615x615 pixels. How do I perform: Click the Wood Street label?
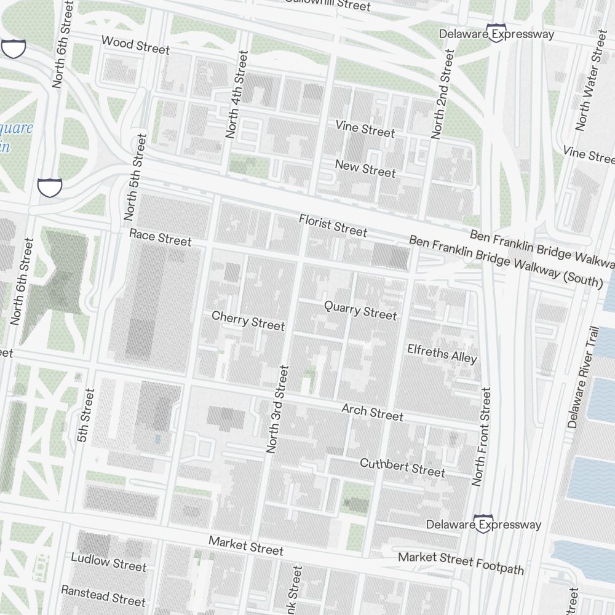(x=135, y=45)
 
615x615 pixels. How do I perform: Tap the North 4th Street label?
(x=237, y=95)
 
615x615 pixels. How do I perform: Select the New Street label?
(x=365, y=169)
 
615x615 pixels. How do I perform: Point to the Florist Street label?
(x=333, y=225)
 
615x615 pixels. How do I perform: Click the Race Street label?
(x=161, y=237)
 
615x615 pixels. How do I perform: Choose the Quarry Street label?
(x=360, y=310)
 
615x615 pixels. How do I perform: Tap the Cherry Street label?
(x=248, y=320)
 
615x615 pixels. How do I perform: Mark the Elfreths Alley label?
(x=442, y=353)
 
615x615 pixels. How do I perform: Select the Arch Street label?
(x=372, y=412)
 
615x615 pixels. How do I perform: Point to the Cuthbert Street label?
(x=402, y=467)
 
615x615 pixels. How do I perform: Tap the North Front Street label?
(x=482, y=436)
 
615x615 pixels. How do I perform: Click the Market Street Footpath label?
(x=461, y=562)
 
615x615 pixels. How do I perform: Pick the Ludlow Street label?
(x=108, y=561)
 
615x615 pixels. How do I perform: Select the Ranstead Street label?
(x=103, y=595)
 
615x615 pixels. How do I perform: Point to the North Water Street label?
(x=591, y=80)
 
